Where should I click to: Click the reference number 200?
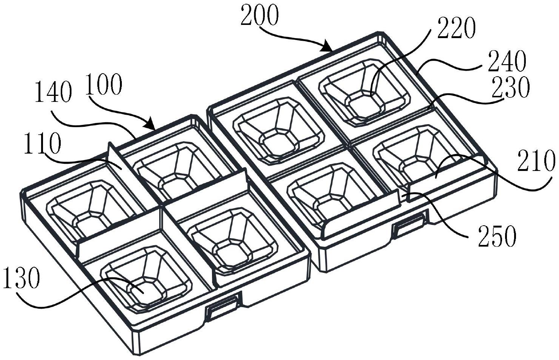[x=260, y=16]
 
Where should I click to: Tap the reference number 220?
[x=456, y=29]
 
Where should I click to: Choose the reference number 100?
[x=104, y=86]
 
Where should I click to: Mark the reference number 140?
[x=53, y=94]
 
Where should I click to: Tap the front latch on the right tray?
[x=410, y=225]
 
